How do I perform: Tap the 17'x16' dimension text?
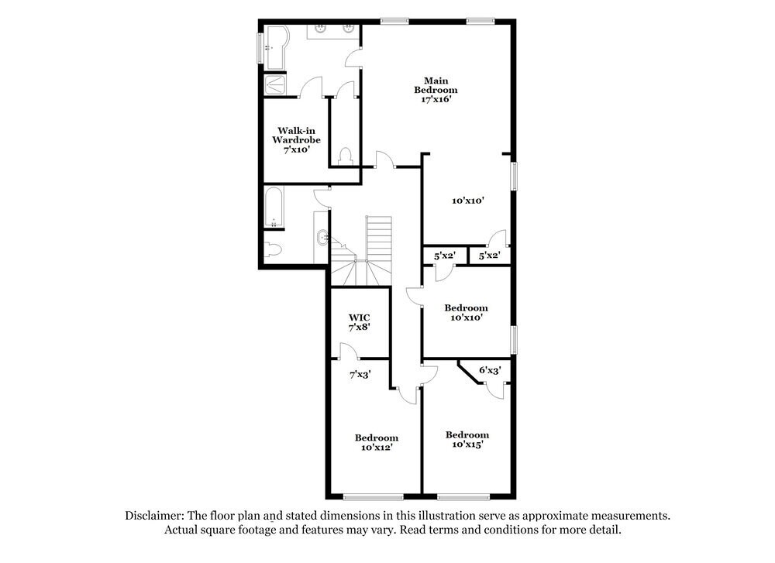click(x=435, y=99)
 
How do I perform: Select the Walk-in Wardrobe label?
click(x=295, y=136)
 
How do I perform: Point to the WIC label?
click(x=359, y=317)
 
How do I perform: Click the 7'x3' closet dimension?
click(x=359, y=374)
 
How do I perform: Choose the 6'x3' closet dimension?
click(x=490, y=371)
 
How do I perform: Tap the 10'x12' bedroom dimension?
click(x=376, y=448)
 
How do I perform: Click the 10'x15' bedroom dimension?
click(x=467, y=445)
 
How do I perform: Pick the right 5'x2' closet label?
click(x=489, y=255)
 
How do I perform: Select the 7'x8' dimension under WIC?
click(x=359, y=328)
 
